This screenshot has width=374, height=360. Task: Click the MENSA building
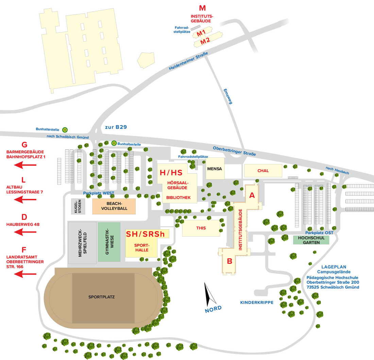click(x=215, y=169)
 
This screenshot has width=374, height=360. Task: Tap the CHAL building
click(x=263, y=171)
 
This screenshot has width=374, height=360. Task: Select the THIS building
click(x=201, y=228)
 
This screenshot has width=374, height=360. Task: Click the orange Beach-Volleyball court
click(x=114, y=206)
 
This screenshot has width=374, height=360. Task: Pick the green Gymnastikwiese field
click(x=109, y=242)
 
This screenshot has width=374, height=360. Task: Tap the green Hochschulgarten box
click(x=311, y=240)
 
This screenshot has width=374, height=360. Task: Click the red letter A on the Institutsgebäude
click(x=252, y=195)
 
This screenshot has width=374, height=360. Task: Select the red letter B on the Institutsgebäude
click(x=230, y=261)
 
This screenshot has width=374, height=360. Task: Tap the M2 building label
click(x=205, y=41)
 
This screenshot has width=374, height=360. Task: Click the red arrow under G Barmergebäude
click(x=25, y=165)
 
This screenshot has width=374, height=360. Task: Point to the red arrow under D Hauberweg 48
click(x=25, y=232)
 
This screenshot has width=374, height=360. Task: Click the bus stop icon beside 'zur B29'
click(x=65, y=130)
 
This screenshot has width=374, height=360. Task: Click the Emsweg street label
click(x=227, y=96)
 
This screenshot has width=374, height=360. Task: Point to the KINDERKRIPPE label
click(x=257, y=302)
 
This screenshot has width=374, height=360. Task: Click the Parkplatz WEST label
click(x=99, y=193)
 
